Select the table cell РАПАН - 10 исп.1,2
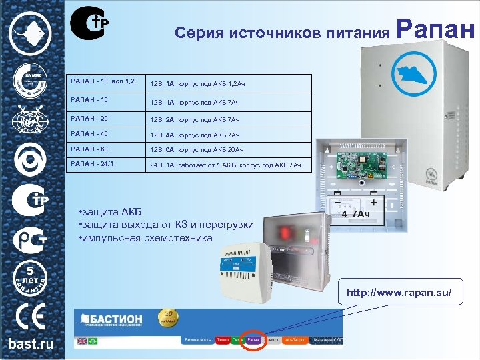point(98,82)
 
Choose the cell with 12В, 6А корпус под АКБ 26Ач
point(197,150)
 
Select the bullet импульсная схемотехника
point(146,238)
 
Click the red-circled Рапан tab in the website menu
point(254,340)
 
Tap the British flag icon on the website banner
point(82,341)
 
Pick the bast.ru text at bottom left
point(31,345)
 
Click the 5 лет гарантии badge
point(30,277)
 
